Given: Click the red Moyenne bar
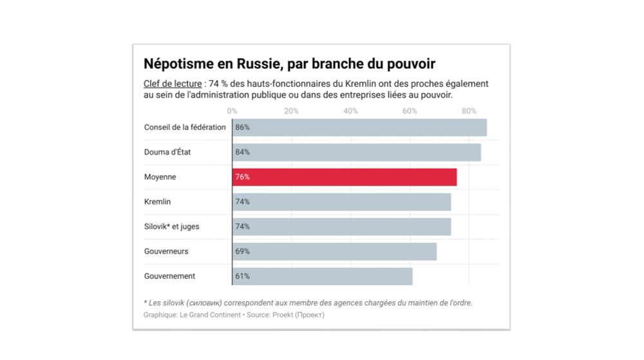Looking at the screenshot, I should tap(345, 177).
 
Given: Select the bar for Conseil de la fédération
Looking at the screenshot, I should tap(359, 128).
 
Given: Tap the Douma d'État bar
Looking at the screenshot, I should tap(357, 153).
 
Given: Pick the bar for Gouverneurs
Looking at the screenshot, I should tap(334, 251).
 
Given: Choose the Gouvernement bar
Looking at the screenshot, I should tap(322, 276).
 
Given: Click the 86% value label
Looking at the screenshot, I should tap(243, 128).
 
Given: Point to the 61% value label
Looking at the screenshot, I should tap(243, 276).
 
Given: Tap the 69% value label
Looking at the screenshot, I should tap(243, 251).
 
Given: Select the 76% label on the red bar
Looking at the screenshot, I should tap(243, 177).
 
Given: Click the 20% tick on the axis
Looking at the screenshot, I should tap(291, 111).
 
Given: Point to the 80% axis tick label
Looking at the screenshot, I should tap(469, 111).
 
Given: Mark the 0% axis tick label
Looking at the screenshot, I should tap(232, 111).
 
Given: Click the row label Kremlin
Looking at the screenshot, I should tap(157, 202).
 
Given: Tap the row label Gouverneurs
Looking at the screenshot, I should tap(166, 251).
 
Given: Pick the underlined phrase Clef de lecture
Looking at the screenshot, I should tap(173, 84).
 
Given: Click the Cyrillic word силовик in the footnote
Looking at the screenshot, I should tap(204, 303).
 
